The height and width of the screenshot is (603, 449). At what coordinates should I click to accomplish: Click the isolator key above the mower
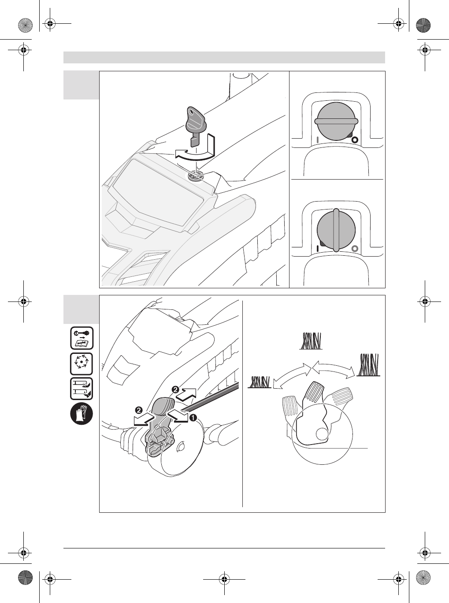(196, 124)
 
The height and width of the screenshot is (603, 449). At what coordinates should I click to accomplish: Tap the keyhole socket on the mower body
(194, 175)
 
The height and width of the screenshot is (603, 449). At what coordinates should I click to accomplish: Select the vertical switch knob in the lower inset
(336, 229)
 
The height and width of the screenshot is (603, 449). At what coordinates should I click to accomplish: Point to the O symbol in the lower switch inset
(355, 249)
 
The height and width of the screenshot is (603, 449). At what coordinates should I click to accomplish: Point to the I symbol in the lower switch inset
(316, 249)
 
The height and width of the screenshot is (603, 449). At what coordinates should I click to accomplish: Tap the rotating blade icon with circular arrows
(82, 364)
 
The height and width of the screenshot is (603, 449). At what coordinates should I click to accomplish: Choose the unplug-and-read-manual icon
(82, 338)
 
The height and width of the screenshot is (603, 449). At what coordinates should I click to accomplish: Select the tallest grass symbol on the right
(369, 365)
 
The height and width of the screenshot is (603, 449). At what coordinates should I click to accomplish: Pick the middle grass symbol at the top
(311, 341)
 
